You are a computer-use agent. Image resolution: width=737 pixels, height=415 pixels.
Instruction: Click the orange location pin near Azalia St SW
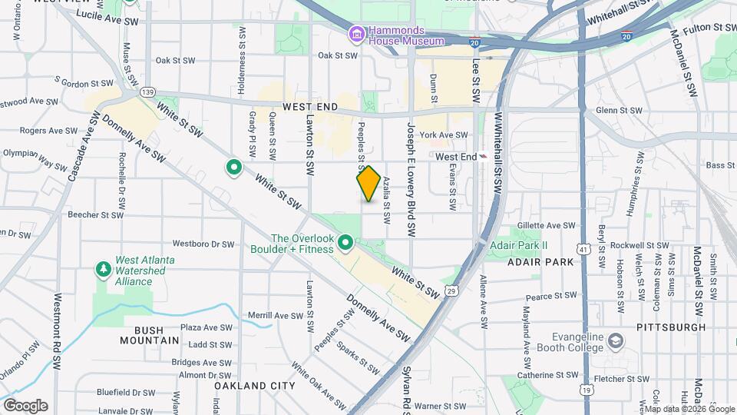(x=368, y=184)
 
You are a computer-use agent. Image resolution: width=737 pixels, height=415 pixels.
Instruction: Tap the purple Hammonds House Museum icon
(x=356, y=34)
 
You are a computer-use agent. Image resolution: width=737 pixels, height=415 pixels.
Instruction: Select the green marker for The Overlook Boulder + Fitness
(x=345, y=244)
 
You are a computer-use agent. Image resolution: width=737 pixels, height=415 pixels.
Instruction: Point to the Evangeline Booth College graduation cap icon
(x=616, y=340)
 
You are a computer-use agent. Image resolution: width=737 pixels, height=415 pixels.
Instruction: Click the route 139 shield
(x=148, y=92)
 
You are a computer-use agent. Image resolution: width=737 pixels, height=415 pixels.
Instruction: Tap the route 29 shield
(x=453, y=291)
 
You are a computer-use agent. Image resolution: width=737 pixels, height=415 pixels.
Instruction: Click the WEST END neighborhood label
(x=311, y=107)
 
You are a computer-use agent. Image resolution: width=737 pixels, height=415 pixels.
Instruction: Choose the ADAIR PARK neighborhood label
(x=540, y=262)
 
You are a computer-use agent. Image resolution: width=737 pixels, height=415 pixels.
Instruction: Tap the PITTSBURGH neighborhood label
(x=671, y=327)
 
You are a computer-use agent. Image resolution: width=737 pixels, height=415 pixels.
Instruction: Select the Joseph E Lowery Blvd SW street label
(x=411, y=178)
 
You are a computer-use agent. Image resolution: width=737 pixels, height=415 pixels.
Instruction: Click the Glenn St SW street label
(x=618, y=111)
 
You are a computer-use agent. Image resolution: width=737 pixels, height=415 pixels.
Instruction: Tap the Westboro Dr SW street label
(x=203, y=244)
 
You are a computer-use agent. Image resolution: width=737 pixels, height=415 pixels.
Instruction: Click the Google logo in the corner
(x=25, y=406)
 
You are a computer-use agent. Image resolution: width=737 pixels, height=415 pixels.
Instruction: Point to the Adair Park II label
(x=518, y=246)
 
